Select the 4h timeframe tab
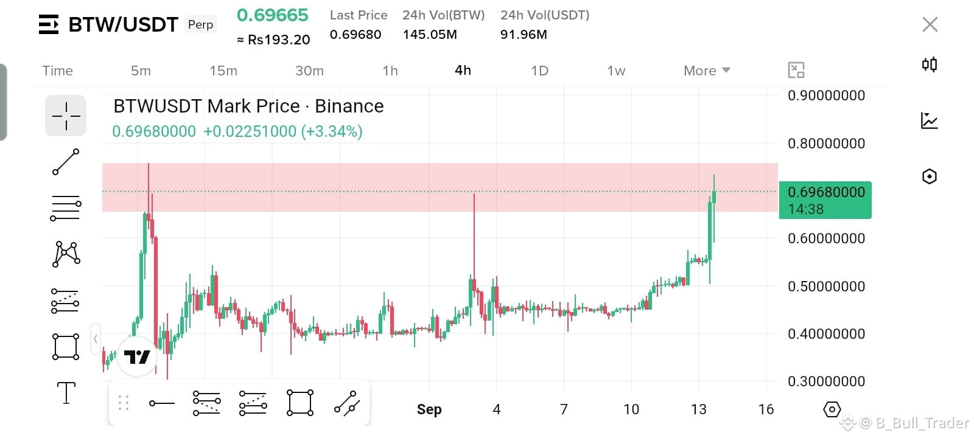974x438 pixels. [463, 71]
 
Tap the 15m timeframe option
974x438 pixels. [223, 71]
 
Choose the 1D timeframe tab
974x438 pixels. [539, 71]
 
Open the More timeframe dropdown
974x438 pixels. [707, 71]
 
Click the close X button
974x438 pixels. [930, 24]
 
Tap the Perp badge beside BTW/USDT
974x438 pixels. [200, 24]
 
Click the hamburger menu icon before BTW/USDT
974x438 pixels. [48, 24]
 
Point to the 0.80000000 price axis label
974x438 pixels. [826, 144]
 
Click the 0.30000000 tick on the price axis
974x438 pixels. [826, 381]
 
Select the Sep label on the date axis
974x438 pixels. [429, 409]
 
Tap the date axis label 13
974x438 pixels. [699, 409]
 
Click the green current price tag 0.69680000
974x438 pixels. [825, 200]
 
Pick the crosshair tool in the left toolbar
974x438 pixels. [66, 116]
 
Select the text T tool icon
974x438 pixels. [66, 393]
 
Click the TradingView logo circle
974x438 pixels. [137, 356]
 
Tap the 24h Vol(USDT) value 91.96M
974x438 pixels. [524, 34]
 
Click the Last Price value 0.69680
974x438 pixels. [356, 34]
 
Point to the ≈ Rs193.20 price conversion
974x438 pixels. [273, 40]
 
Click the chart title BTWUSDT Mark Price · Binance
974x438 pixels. [249, 106]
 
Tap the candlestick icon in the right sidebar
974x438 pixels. [930, 64]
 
